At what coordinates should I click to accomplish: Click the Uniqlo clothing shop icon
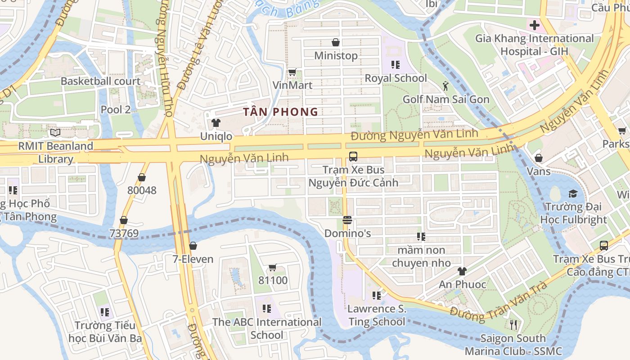pyautogui.click(x=216, y=123)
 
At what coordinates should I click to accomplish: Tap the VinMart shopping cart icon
pyautogui.click(x=292, y=72)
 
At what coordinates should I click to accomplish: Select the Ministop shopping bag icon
pyautogui.click(x=336, y=42)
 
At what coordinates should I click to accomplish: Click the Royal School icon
pyautogui.click(x=396, y=65)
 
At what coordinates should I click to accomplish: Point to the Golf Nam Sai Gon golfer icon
pyautogui.click(x=445, y=86)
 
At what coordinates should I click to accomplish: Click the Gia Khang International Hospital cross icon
pyautogui.click(x=534, y=25)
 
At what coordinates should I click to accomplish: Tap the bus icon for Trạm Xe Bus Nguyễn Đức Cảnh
pyautogui.click(x=353, y=157)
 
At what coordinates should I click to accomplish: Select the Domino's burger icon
pyautogui.click(x=347, y=220)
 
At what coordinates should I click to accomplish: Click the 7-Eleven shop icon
pyautogui.click(x=193, y=246)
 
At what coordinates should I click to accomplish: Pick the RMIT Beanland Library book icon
pyautogui.click(x=55, y=133)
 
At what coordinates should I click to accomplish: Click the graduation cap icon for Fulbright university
pyautogui.click(x=573, y=194)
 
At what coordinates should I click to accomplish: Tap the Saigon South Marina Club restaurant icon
pyautogui.click(x=513, y=325)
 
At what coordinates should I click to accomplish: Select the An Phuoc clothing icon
pyautogui.click(x=462, y=271)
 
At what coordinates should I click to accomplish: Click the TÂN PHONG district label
pyautogui.click(x=281, y=112)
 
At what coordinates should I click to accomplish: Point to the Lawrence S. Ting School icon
pyautogui.click(x=377, y=296)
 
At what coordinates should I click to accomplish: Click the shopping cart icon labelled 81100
pyautogui.click(x=272, y=268)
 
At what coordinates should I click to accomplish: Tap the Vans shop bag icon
pyautogui.click(x=538, y=158)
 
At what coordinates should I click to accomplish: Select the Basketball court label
pyautogui.click(x=101, y=81)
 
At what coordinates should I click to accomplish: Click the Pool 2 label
pyautogui.click(x=116, y=109)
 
